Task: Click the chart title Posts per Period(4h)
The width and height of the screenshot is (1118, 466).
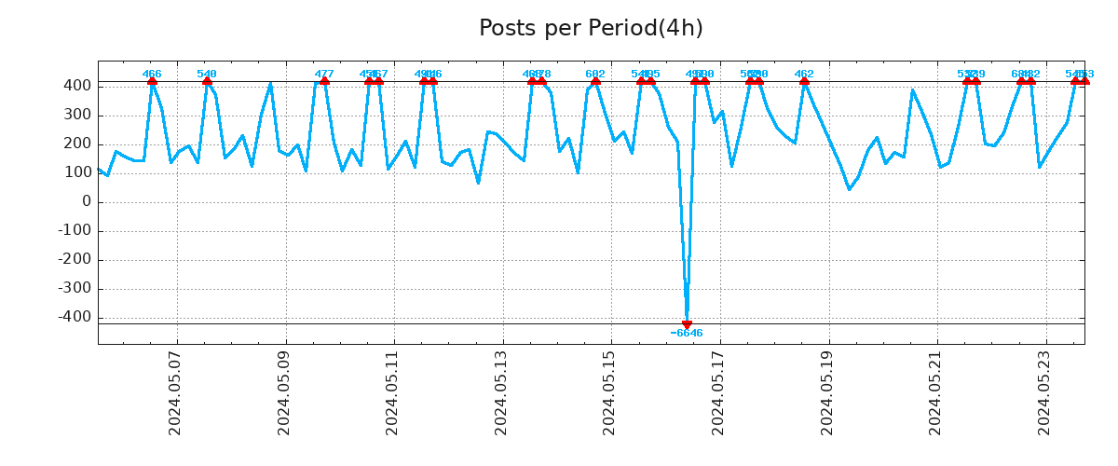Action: tap(591, 28)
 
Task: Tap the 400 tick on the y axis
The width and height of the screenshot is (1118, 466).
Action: tap(78, 86)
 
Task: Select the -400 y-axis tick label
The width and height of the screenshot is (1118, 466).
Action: tap(75, 317)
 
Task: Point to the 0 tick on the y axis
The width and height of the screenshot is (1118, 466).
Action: tap(87, 201)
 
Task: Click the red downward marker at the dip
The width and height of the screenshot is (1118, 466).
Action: tap(687, 324)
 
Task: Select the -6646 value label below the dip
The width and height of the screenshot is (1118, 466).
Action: tap(687, 334)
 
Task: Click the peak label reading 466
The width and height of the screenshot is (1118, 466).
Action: tap(152, 74)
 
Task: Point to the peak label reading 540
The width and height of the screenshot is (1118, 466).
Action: tap(207, 74)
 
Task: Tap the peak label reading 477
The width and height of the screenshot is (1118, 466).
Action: tap(324, 74)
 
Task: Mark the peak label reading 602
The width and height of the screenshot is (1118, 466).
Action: tap(595, 74)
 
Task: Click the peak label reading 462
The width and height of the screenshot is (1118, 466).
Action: tap(804, 74)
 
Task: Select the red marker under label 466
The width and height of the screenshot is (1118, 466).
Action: tap(152, 82)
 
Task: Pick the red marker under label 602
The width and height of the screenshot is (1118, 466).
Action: tap(595, 82)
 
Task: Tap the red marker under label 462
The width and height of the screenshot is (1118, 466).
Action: tap(804, 82)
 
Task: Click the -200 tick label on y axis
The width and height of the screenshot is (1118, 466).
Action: tap(75, 259)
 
